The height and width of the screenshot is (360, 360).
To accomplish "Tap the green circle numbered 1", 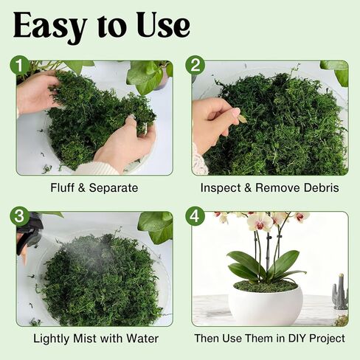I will point(21,66).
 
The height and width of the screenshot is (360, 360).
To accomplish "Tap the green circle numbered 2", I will point(195,66).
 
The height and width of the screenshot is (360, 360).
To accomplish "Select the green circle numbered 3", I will point(21,217).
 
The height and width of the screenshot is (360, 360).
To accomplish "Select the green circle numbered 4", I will point(195,217).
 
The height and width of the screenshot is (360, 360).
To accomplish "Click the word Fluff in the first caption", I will point(63,187).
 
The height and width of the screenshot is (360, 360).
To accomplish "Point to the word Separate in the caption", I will point(114,187).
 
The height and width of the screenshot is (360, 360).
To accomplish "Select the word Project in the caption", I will point(326,338).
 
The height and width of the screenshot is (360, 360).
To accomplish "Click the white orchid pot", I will point(265,305).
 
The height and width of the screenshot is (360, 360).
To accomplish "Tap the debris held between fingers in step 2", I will point(242,117).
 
